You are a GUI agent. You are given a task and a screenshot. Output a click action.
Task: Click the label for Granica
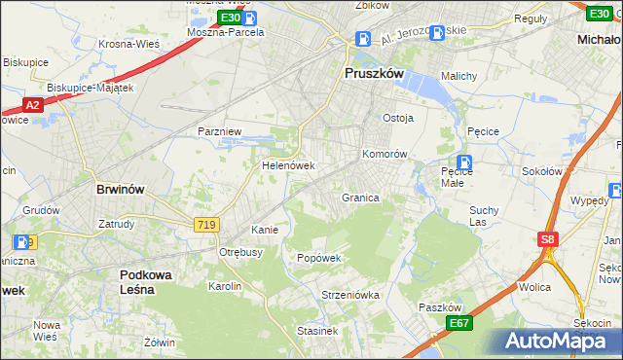360,198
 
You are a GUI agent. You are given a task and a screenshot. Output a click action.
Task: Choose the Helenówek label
288,165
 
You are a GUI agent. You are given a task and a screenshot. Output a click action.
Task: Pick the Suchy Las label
484,215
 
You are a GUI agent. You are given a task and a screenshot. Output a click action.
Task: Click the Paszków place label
439,306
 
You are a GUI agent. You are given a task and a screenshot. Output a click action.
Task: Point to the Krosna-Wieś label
129,44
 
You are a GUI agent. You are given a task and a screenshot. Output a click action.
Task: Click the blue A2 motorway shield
32,105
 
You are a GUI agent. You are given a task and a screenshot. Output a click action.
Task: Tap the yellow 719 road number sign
206,225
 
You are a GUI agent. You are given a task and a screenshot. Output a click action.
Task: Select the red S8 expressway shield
549,237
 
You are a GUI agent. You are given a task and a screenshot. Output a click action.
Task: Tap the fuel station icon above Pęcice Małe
464,162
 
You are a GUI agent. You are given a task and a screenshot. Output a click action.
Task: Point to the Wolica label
535,287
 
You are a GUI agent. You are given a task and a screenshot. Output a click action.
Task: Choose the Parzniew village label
219,130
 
